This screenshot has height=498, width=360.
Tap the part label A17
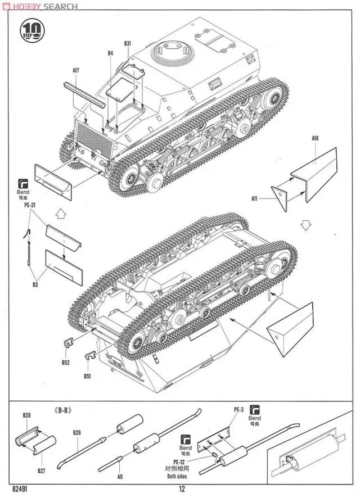76,70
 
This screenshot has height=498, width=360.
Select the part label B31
127,43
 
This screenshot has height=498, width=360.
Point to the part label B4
110,53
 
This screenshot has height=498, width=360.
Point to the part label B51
87,376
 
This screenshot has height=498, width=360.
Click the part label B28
26,415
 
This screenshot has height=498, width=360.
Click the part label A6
119,476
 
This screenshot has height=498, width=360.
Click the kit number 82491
20,488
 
